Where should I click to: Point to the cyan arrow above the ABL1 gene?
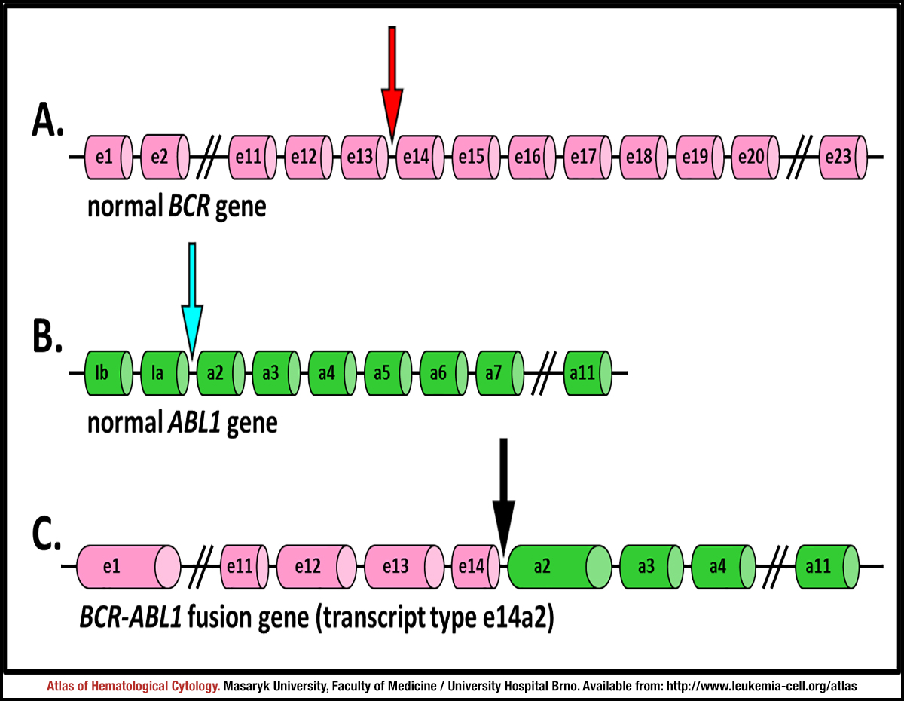coord(192,300)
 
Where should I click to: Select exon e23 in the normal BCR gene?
coord(843,158)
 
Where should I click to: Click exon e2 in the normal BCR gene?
coord(165,157)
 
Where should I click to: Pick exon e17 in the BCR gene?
coord(588,158)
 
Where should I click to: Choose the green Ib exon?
coord(109,373)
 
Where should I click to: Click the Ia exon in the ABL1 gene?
coord(165,373)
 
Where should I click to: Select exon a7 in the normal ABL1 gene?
coord(499,373)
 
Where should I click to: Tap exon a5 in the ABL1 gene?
coord(388,373)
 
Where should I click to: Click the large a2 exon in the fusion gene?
coord(560,567)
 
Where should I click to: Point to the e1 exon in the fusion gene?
coord(129,567)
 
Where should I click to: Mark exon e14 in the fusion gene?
coord(475,567)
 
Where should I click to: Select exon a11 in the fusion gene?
coord(827,567)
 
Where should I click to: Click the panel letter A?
coord(47,121)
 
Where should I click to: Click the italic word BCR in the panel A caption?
coord(188,207)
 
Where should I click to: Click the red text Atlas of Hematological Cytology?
coord(133,686)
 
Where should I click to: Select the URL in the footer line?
coord(762,686)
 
